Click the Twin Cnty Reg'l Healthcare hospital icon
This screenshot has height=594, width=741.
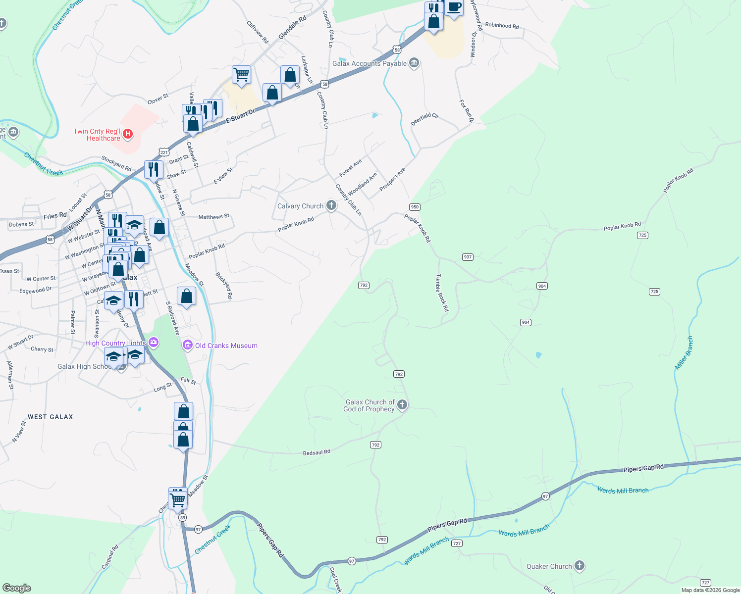128,134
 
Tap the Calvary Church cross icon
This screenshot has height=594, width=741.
331,205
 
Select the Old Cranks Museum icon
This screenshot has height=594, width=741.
188,345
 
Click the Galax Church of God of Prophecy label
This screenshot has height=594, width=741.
369,405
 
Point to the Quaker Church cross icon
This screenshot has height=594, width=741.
580,566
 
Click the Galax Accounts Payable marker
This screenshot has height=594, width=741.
415,63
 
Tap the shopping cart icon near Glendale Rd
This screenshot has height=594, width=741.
241,75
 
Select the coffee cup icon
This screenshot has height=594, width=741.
454,7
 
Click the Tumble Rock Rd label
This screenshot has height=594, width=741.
442,293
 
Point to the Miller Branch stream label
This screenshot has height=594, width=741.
685,353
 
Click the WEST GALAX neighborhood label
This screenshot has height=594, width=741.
51,417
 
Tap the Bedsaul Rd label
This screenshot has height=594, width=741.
317,452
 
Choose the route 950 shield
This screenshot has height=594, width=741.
415,207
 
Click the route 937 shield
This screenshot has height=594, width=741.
468,257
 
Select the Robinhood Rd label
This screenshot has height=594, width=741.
502,25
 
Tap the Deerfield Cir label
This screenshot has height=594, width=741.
425,119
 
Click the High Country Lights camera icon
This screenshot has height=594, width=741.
154,342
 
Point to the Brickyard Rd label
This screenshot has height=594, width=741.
223,285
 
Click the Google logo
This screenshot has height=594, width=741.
16,588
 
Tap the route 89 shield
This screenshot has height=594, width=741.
183,517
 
